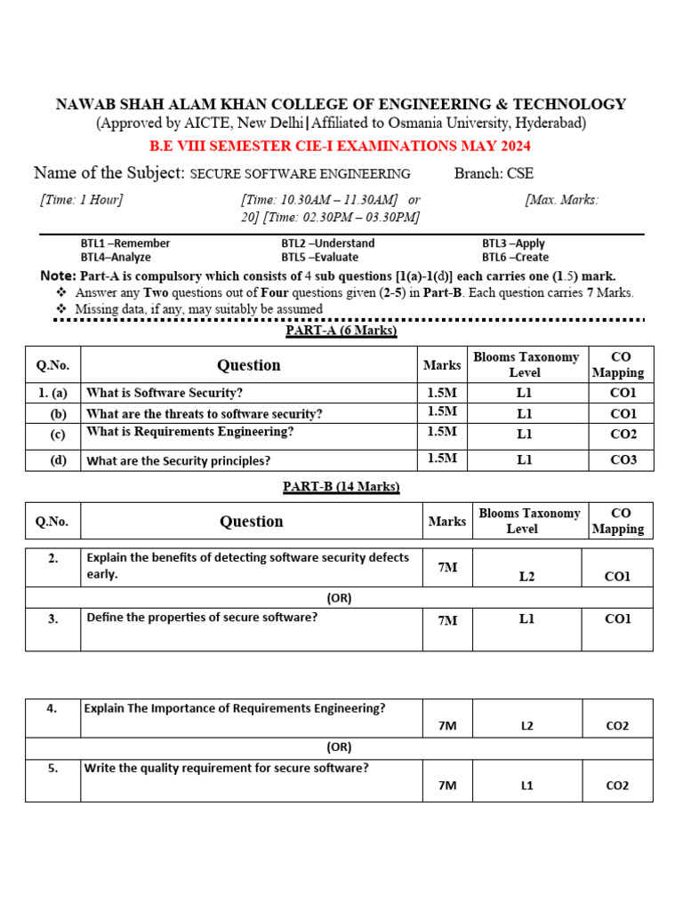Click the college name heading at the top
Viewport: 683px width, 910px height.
pos(341,104)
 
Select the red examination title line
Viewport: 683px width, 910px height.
pos(341,146)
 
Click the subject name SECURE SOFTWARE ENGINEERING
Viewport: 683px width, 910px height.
pos(301,174)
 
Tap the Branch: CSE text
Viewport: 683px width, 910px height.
pos(494,173)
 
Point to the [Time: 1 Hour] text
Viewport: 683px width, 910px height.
pos(81,200)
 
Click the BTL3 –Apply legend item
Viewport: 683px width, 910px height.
pos(513,243)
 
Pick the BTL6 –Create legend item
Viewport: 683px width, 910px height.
pos(515,257)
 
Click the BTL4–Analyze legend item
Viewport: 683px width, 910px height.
pos(116,257)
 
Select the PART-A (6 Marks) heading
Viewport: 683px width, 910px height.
pos(341,331)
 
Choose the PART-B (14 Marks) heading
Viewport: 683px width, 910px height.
pos(341,486)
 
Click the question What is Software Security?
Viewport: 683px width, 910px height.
pos(164,393)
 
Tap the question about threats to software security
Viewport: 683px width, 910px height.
pos(204,414)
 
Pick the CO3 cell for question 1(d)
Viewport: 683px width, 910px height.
pos(623,459)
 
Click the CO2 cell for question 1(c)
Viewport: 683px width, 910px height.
pos(623,435)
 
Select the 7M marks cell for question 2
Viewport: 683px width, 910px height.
pos(447,567)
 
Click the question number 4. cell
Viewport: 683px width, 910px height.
pos(52,708)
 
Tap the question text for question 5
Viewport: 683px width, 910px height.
pos(226,769)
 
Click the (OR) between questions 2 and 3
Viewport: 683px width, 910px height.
pos(339,598)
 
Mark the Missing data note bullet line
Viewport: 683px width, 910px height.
pos(198,309)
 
